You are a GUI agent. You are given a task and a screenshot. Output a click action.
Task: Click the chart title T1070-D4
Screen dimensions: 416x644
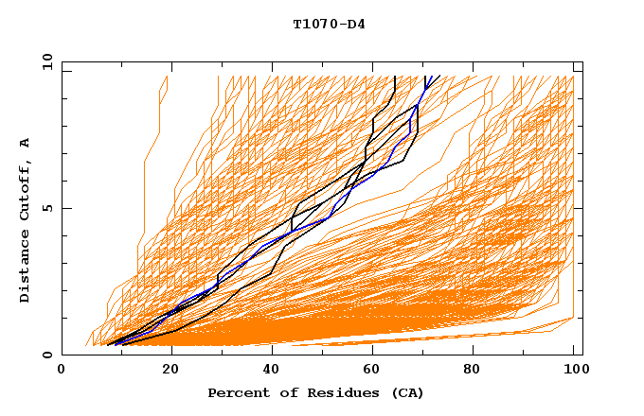[329, 24]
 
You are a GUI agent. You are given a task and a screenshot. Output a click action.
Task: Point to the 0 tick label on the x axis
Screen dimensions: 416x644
[62, 371]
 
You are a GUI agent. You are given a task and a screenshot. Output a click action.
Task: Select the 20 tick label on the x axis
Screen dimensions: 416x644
[164, 371]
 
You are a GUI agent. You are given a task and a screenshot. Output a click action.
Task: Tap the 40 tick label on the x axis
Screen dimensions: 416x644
[267, 371]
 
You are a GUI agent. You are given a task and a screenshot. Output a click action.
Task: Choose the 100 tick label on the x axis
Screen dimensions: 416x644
[573, 371]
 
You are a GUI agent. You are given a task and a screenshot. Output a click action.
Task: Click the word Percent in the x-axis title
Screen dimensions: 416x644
[237, 392]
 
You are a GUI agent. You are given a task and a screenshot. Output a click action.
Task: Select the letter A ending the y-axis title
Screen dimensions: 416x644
[25, 142]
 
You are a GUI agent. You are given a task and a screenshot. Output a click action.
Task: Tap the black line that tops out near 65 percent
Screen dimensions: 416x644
[394, 90]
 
